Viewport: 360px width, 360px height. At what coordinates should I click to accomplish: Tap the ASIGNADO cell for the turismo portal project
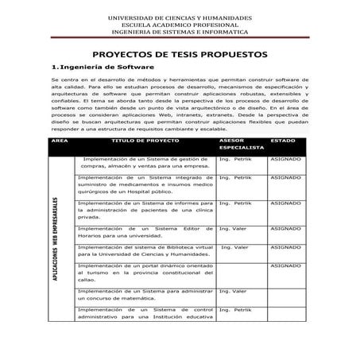tap(285, 265)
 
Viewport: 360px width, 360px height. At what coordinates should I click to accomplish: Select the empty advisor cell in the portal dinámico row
tap(239, 272)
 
